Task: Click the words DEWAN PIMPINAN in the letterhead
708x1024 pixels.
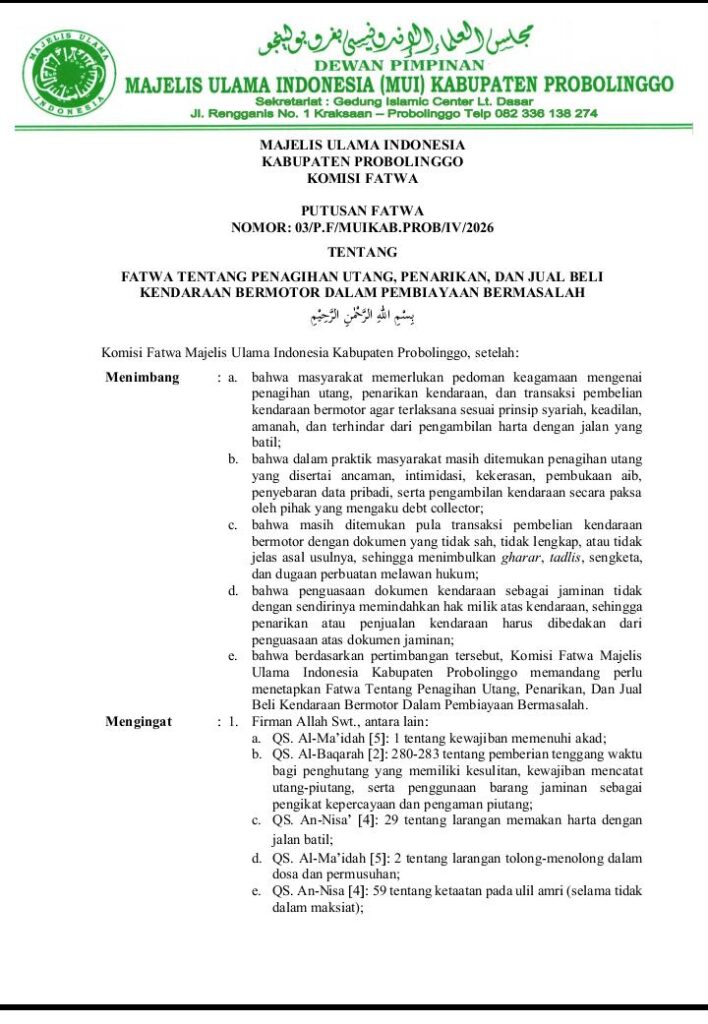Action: click(397, 65)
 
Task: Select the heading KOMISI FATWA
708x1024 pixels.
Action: click(362, 179)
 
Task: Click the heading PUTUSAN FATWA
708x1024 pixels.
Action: click(362, 211)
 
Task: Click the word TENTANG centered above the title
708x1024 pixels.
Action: click(362, 252)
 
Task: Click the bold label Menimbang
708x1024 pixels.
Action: click(142, 377)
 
